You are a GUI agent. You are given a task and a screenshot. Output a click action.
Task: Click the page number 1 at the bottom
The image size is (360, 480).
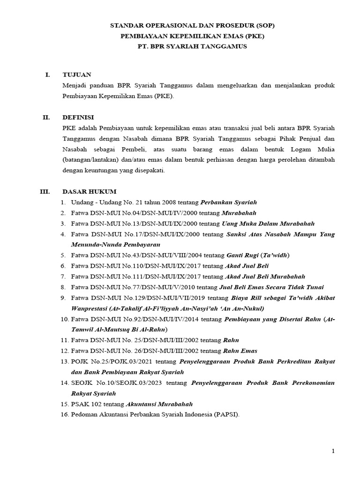pos(333,451)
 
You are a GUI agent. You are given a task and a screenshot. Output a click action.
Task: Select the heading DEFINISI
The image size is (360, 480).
pos(78,117)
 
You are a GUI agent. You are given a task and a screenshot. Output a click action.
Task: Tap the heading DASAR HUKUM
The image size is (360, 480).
pos(90,192)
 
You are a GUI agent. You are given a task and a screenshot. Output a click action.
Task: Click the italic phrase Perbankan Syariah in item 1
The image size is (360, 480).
pos(229,202)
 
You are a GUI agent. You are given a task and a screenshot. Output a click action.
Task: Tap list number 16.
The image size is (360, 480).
pos(64,414)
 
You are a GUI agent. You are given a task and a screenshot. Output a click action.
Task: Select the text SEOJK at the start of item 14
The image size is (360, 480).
pos(82,383)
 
